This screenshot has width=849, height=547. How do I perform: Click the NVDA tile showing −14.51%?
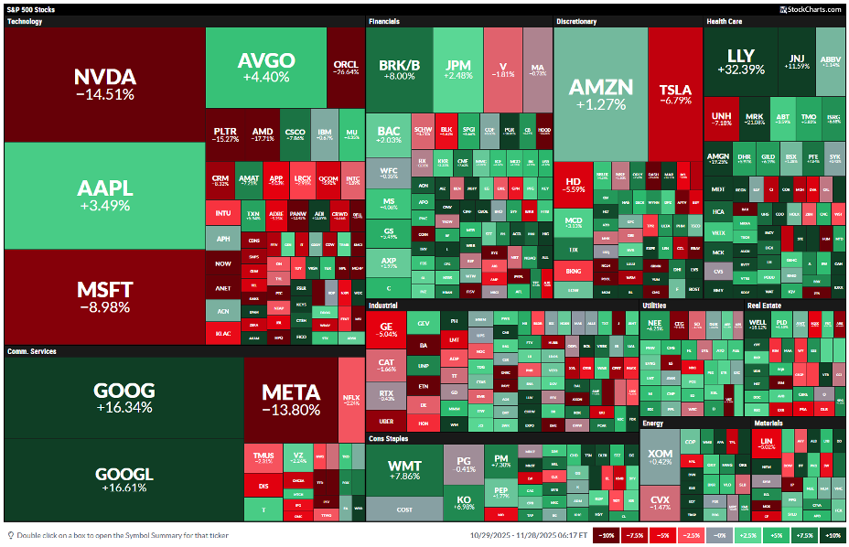click(104, 83)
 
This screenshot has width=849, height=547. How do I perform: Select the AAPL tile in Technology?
click(104, 196)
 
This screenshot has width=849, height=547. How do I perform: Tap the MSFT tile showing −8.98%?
click(104, 297)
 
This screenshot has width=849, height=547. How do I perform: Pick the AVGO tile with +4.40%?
click(265, 67)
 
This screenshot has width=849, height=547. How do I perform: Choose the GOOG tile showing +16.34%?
click(124, 397)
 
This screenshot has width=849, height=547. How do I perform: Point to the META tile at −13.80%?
click(291, 400)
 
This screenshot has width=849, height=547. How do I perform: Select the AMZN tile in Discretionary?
click(600, 93)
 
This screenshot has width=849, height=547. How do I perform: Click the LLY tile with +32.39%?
click(740, 62)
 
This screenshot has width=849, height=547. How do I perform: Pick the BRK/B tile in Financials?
click(399, 70)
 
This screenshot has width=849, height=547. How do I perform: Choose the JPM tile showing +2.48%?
click(457, 70)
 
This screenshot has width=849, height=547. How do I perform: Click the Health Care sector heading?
click(723, 21)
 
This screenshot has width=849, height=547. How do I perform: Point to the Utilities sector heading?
click(654, 305)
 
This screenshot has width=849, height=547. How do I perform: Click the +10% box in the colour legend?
click(833, 535)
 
